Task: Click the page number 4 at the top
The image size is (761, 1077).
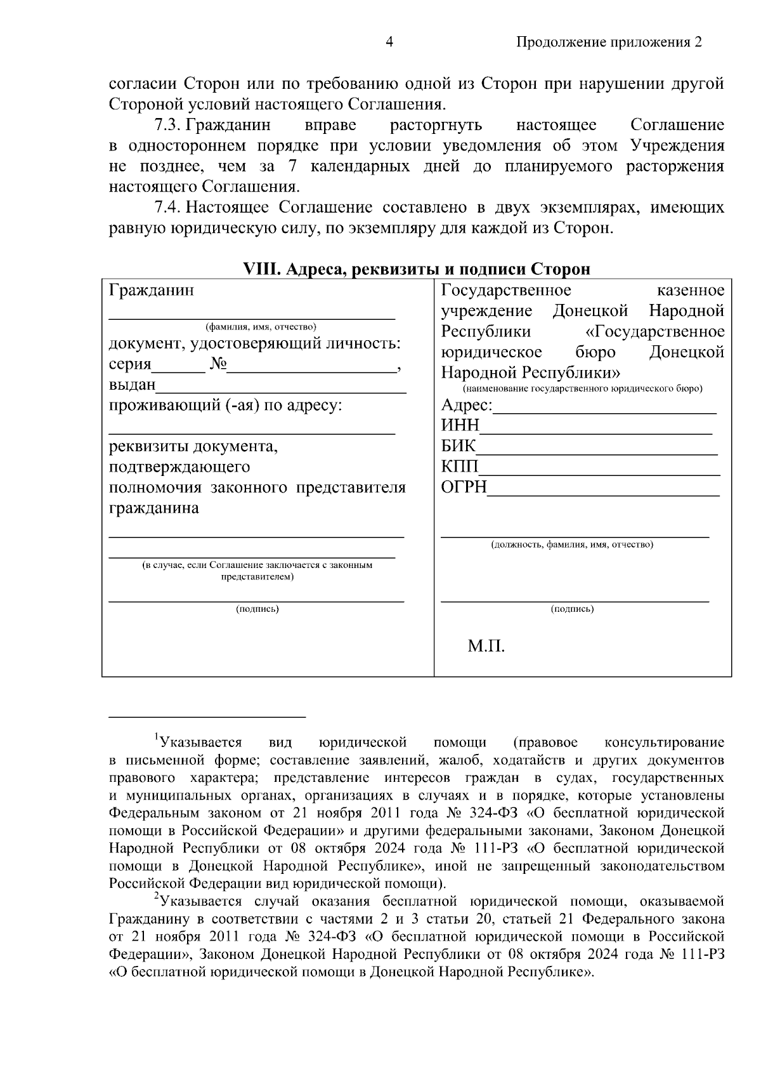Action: tap(389, 43)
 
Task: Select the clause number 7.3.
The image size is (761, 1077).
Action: tap(169, 125)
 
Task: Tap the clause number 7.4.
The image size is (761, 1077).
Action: tap(169, 208)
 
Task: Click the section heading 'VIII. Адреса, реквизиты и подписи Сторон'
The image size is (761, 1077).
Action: tap(417, 269)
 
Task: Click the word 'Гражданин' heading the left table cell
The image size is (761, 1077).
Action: tap(152, 291)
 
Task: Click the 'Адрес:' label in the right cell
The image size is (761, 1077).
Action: tap(466, 406)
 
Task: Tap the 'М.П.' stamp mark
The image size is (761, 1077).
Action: tap(486, 647)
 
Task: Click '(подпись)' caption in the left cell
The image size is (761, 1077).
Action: tap(257, 609)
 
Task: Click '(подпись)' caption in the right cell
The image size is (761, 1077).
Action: tap(572, 609)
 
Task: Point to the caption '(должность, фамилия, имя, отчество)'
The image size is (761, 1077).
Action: tap(572, 545)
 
